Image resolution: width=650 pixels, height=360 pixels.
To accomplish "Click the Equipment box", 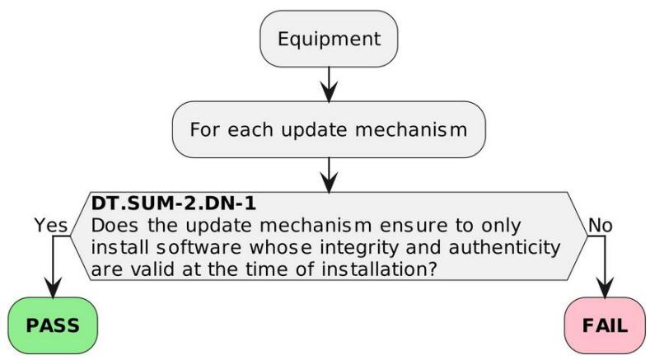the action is click(329, 39).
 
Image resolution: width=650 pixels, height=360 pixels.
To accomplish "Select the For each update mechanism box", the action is click(329, 129).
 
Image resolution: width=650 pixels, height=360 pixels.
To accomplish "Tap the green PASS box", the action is click(53, 325).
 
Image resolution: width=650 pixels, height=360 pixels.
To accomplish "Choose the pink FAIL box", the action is click(605, 325).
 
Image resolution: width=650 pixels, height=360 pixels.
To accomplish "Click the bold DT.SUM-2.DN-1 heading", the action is click(173, 203).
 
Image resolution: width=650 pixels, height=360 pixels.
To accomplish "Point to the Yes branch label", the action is click(50, 226).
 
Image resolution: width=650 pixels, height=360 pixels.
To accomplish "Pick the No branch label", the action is click(600, 226).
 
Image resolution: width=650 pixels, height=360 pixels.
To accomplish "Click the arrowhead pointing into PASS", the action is click(53, 288).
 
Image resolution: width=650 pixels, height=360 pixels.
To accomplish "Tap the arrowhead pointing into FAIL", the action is click(605, 288).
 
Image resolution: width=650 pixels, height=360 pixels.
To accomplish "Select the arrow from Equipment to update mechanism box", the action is click(329, 84).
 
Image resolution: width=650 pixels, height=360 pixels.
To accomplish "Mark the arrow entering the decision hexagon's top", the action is click(329, 175).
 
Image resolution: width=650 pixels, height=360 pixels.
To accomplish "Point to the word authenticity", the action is click(504, 248).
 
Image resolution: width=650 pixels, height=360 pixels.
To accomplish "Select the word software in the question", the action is click(199, 248).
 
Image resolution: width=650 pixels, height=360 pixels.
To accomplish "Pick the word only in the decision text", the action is click(501, 226).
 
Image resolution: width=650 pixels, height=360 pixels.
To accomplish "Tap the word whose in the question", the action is click(281, 248).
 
